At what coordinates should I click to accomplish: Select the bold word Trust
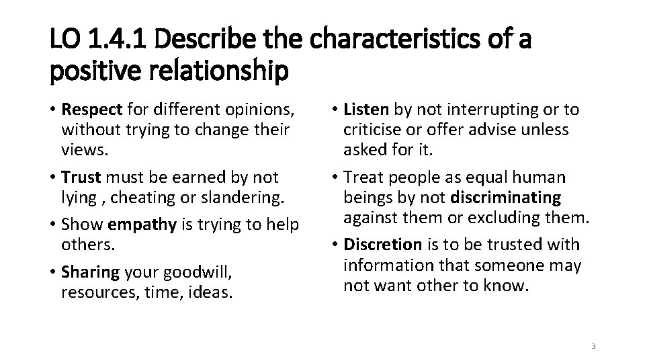pyautogui.click(x=80, y=177)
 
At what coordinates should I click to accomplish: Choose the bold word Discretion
pyautogui.click(x=383, y=245)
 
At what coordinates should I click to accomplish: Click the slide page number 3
pyautogui.click(x=593, y=346)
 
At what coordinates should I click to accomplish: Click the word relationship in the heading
pyautogui.click(x=218, y=71)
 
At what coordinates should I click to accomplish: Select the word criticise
pyautogui.click(x=372, y=129)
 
